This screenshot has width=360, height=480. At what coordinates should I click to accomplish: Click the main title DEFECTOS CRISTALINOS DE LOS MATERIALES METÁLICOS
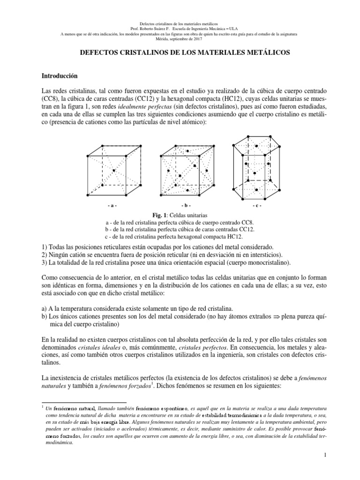point(180,54)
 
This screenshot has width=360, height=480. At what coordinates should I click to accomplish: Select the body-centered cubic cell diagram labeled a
point(114,171)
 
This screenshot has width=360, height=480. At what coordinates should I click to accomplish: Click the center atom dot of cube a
point(114,171)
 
